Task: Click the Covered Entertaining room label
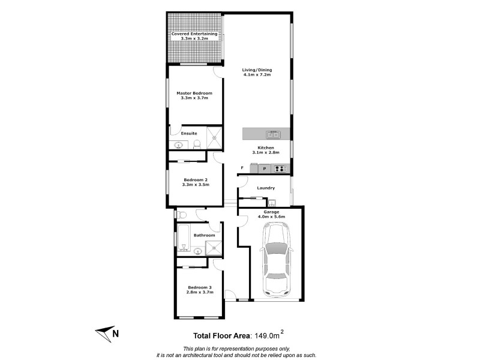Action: pos(194,34)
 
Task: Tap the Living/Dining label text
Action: pos(257,70)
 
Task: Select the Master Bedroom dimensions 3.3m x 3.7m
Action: pos(194,98)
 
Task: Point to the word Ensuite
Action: pos(189,133)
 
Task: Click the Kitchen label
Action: pos(266,148)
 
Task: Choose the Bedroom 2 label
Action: pos(196,180)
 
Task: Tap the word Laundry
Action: pos(266,188)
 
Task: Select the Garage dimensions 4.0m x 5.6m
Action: pos(271,216)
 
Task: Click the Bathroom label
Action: pos(204,235)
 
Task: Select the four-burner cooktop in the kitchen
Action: pos(280,169)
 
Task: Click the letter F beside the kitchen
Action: pos(242,168)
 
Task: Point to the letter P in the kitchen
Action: pos(264,169)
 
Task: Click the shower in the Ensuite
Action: pos(214,137)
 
